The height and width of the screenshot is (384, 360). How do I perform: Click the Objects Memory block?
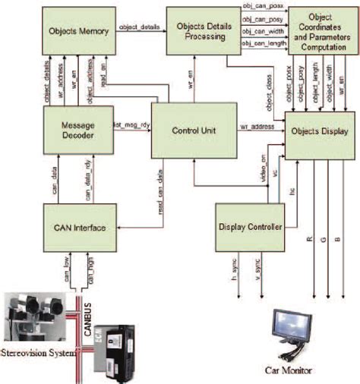click(77, 31)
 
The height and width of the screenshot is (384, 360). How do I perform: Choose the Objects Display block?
click(319, 130)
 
